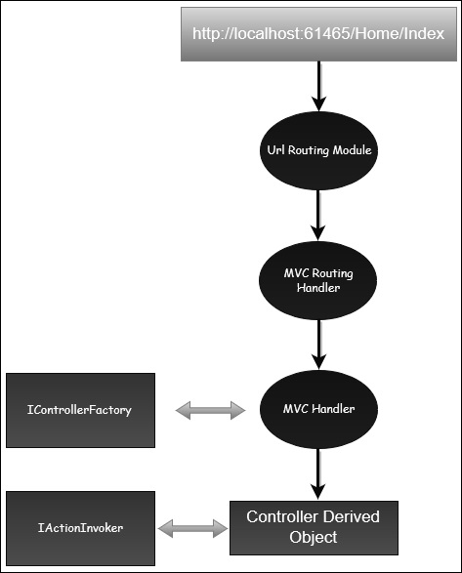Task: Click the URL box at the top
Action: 318,34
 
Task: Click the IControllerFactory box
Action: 80,410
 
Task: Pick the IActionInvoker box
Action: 80,528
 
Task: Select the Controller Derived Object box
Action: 312,527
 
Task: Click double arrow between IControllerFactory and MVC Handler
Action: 210,410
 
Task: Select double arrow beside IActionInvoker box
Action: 192,528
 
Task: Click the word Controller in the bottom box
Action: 285,516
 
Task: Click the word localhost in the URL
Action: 261,34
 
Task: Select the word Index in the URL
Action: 425,34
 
